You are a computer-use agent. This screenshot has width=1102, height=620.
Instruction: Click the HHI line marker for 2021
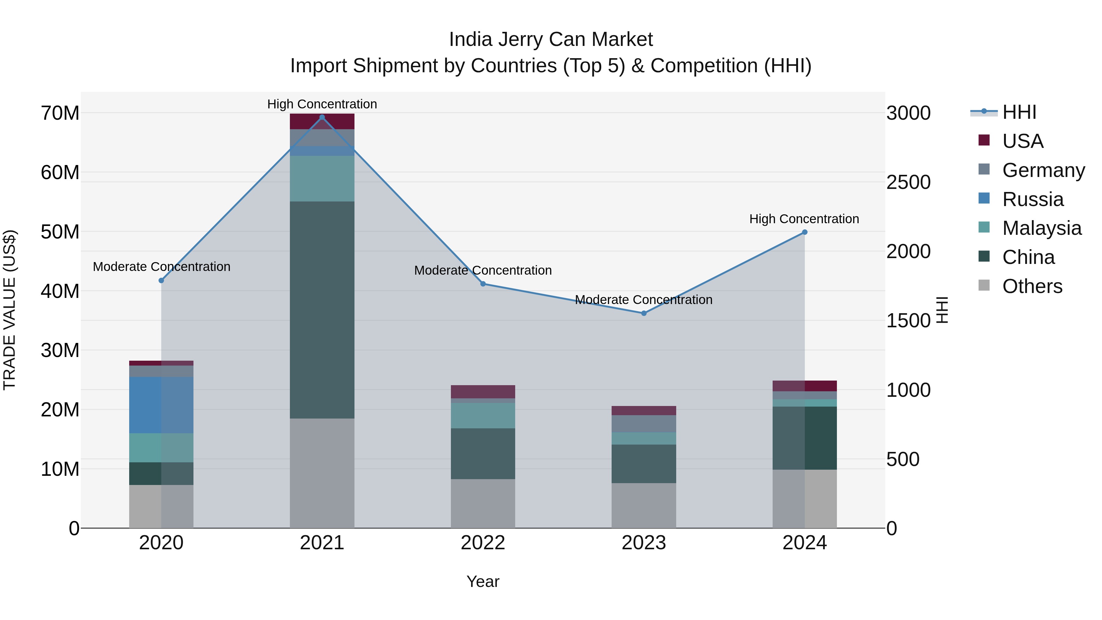(322, 117)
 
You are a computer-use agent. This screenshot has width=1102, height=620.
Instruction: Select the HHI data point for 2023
(643, 313)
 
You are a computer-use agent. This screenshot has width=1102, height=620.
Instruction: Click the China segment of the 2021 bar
(322, 310)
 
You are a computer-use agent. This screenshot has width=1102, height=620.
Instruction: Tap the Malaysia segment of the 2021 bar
(322, 178)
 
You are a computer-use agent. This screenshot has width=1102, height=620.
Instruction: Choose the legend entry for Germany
(1043, 170)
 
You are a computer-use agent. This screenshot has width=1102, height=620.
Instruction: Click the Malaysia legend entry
(1041, 228)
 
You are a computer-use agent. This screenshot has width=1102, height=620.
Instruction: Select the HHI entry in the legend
(1019, 112)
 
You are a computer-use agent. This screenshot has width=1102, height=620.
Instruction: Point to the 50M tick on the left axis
(60, 232)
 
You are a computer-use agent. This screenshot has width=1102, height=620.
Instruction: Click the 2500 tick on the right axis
(908, 182)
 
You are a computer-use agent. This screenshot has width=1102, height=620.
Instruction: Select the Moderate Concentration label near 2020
(161, 267)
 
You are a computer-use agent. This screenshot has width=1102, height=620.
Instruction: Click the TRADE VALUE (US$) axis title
(9, 310)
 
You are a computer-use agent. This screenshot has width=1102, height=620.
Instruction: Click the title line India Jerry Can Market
(551, 39)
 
